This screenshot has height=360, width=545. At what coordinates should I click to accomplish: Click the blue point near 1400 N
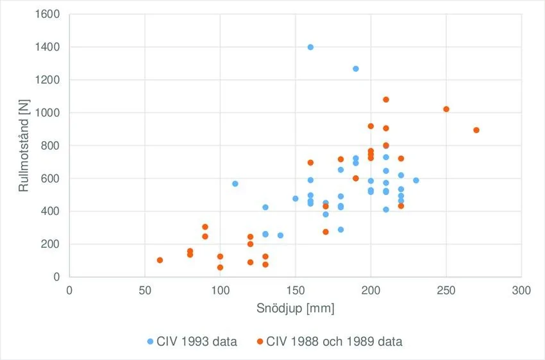pos(310,47)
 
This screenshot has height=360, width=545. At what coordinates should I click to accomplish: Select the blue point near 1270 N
pos(356,69)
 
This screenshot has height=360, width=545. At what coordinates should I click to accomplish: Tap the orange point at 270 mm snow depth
pos(476,130)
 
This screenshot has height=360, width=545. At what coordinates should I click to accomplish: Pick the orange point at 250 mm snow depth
pos(446,109)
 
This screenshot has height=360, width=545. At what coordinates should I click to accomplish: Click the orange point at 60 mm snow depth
pos(160,260)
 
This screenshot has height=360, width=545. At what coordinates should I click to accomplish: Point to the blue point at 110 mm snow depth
pos(235,184)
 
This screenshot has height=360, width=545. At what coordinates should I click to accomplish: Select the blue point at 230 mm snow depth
pos(416,180)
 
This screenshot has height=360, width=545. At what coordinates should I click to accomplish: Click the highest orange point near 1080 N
pos(386,99)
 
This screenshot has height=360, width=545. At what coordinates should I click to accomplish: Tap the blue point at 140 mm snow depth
pos(280,236)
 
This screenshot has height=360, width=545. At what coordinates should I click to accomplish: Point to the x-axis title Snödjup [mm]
pos(296,309)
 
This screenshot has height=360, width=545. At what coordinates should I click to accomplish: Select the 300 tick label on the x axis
pos(521,289)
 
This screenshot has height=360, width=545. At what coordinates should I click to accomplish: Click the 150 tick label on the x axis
pos(296,289)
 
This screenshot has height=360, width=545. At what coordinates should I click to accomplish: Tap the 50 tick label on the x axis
pos(145,289)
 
